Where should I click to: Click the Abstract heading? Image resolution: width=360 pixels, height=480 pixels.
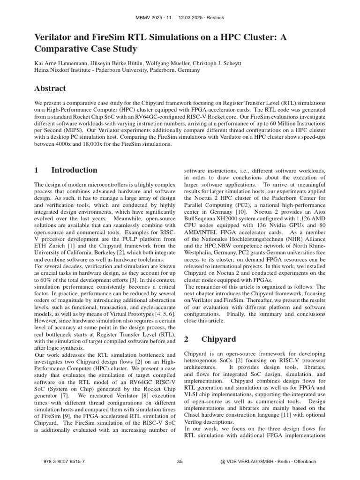click(x=50, y=89)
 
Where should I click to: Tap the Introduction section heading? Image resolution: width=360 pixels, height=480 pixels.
click(x=74, y=170)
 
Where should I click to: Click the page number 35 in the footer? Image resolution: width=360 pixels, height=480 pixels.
click(x=180, y=461)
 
